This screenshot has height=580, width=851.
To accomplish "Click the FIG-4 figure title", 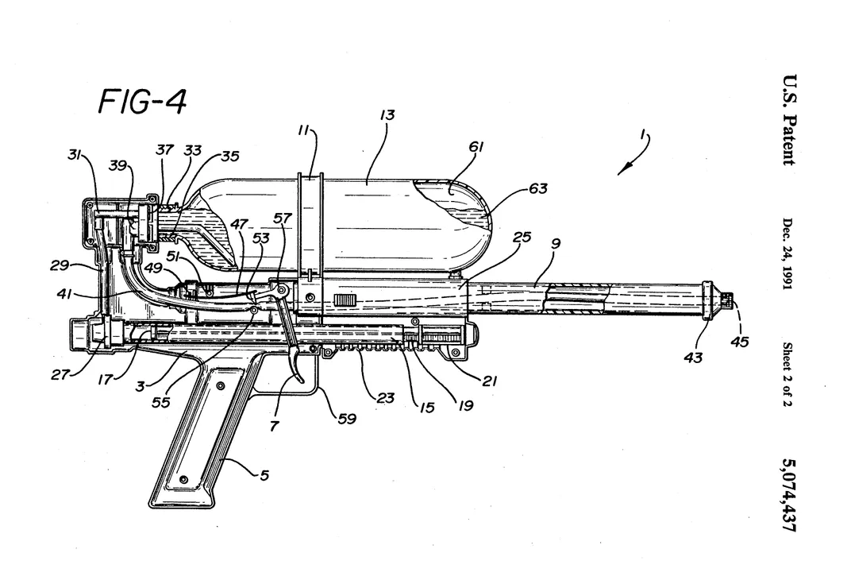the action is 142,102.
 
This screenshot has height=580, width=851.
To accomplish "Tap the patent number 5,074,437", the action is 788,495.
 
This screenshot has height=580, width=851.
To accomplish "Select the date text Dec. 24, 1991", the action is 787,253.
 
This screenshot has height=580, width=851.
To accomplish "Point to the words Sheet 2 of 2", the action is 787,375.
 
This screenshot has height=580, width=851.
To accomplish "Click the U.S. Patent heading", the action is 788,119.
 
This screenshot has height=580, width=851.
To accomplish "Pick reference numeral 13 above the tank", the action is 387,115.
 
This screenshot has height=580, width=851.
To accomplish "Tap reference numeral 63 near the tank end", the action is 538,188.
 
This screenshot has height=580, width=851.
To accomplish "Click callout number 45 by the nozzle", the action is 739,342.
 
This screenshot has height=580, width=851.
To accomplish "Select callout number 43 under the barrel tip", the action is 693,358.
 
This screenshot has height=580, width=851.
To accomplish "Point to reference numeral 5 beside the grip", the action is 264,476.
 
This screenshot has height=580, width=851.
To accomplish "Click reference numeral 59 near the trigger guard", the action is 348,419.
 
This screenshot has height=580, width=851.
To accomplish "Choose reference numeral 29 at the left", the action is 60,265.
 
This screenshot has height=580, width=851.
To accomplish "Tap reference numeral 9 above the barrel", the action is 555,244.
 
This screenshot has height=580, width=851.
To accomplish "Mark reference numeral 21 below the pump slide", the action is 490,381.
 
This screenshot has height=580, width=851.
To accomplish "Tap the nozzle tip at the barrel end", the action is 728,299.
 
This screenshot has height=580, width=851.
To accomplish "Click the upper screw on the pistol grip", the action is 221,385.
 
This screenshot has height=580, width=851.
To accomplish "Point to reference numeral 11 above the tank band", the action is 304,131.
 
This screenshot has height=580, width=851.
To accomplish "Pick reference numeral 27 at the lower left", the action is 60,374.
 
